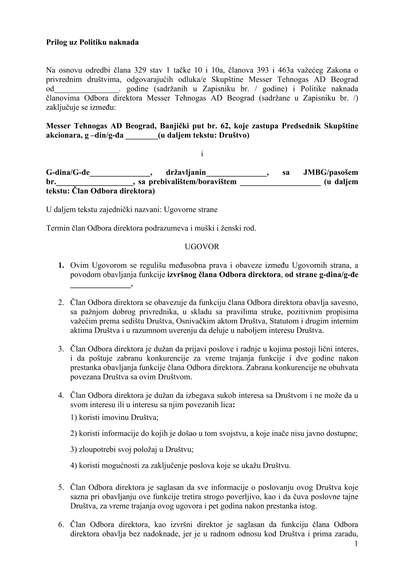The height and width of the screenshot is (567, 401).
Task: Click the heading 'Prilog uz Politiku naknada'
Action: click(92, 42)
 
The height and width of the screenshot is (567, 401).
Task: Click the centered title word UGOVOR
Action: click(202, 247)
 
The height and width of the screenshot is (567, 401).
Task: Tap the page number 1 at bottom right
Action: click(356, 543)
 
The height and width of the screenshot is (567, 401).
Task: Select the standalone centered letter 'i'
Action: click(202, 154)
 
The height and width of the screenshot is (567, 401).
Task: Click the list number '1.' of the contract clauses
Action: click(61, 265)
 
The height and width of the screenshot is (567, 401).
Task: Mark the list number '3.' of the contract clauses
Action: click(61, 349)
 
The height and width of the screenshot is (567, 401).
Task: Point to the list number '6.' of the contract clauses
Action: click(61, 525)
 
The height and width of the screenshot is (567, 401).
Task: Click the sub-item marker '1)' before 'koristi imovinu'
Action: click(73, 418)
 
